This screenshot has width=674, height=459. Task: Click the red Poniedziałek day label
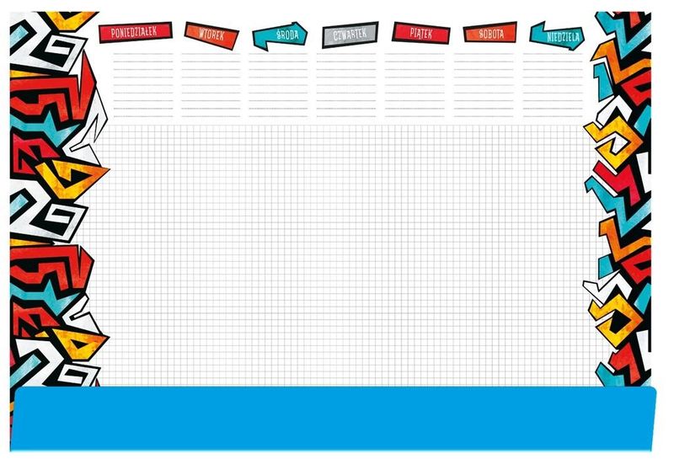point(136,32)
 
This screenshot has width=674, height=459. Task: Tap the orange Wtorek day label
point(211,35)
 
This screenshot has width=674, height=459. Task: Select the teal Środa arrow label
point(280,36)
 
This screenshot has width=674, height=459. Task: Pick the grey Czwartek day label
point(350,35)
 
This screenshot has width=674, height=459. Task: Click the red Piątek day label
point(420,33)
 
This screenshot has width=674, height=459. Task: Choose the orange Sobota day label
point(490,33)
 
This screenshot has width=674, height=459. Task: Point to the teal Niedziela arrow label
point(557,36)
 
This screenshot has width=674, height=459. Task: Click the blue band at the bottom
point(333,419)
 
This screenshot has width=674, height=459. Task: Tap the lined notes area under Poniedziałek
point(143,85)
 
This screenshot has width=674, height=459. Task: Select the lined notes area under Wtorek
point(211,85)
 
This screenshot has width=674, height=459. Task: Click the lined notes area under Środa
point(278,85)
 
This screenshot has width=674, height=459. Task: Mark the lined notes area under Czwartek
point(346,85)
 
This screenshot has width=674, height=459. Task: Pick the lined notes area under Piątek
point(415,85)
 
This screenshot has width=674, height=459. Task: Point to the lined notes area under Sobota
point(484,85)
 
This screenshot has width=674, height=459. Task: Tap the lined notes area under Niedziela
point(553,85)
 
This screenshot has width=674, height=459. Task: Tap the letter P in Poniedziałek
point(113,33)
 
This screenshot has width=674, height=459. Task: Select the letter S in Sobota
point(481,34)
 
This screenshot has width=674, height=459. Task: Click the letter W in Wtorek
point(202,34)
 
